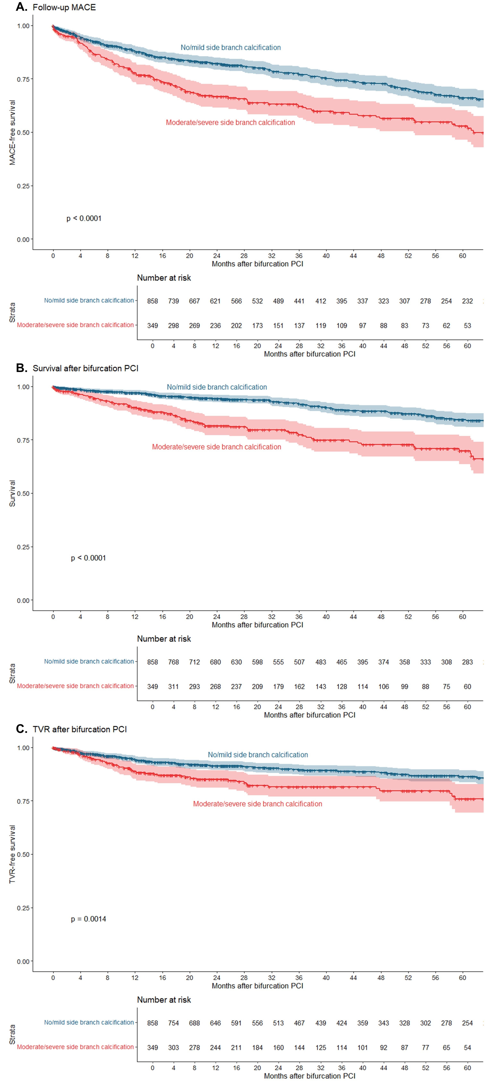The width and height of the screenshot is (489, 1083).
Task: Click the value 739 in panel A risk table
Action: coord(173,301)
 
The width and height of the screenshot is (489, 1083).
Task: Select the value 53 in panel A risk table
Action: coord(467,325)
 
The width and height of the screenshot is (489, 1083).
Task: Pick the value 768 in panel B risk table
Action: coord(173,662)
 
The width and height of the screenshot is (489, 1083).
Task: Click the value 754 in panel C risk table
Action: coord(173,1023)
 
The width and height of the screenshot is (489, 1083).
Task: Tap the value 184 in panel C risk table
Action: coord(257,1047)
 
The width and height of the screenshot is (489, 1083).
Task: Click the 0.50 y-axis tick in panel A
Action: coord(23,132)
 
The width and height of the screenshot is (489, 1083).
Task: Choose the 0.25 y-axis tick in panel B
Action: coord(23,547)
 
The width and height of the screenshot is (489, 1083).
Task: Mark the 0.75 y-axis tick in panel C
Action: coord(23,801)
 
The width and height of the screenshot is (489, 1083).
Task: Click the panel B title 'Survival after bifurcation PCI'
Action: coord(85,368)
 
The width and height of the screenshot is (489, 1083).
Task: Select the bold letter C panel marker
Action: coord(21,729)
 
